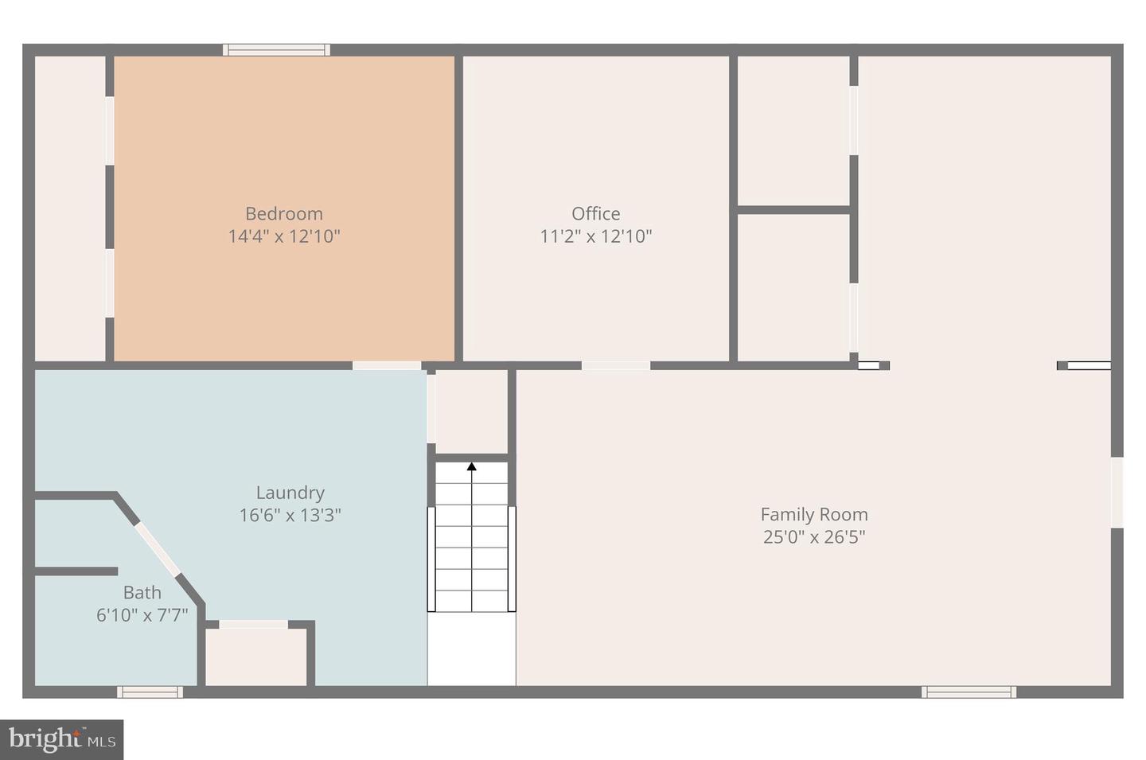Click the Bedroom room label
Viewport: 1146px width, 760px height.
284,214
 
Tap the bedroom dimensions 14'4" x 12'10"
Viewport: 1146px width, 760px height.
284,236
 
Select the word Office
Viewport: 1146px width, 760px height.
596,213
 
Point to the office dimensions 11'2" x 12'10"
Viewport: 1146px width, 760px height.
596,236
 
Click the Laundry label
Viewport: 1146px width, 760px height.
290,493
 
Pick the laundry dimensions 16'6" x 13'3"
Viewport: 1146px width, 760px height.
290,515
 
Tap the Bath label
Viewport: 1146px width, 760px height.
142,592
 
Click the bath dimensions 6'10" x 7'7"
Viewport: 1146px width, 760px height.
142,614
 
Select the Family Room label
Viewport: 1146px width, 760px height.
814,514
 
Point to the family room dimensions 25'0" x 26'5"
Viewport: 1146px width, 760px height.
814,537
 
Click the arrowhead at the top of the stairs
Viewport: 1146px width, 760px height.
471,466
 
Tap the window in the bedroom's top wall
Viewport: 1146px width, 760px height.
276,49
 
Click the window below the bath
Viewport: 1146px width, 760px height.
150,692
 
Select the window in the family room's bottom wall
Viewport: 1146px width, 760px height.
969,692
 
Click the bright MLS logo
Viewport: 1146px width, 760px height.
62,739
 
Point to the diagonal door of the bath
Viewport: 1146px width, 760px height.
158,550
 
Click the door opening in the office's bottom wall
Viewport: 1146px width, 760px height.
616,366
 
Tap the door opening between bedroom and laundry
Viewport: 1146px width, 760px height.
387,366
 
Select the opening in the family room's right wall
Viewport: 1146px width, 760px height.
1117,493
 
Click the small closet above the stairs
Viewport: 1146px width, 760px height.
471,411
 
